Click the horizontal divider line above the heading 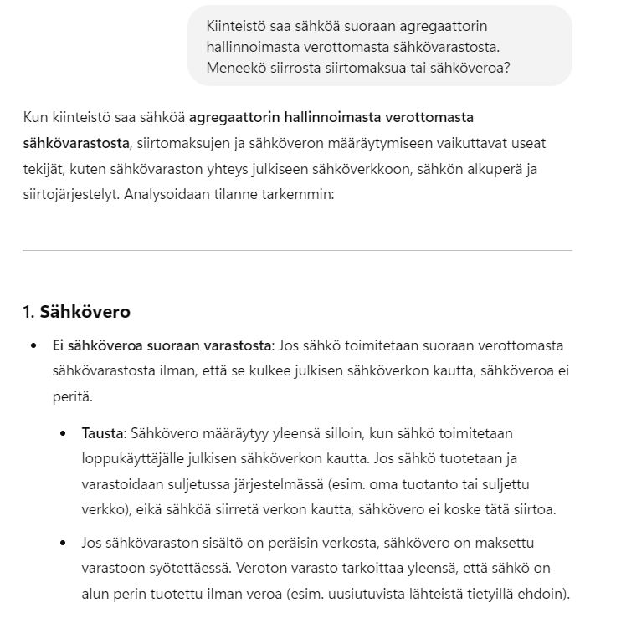297,250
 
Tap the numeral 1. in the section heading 28,312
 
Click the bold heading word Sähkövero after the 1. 85,312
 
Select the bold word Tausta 100,433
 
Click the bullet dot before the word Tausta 64,433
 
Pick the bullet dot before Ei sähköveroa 34,345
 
